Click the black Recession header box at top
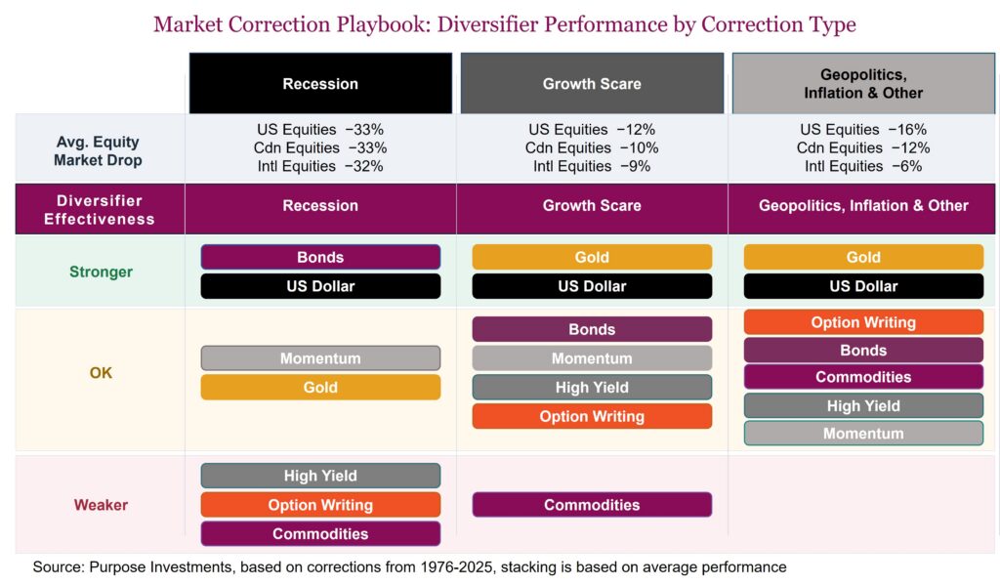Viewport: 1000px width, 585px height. click(320, 84)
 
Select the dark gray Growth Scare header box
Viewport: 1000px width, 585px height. click(592, 84)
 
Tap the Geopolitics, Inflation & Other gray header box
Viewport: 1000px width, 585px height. click(863, 84)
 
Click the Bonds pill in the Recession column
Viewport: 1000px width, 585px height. click(320, 257)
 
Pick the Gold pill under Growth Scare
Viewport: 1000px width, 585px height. click(592, 257)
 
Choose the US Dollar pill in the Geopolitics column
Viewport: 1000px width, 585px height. click(863, 286)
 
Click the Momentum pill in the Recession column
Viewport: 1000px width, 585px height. click(320, 358)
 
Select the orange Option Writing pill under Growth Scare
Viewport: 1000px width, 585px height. click(592, 416)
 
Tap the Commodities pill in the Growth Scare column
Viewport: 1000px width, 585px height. click(592, 505)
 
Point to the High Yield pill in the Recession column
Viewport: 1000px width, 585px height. click(320, 476)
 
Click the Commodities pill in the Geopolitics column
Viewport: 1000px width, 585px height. click(863, 377)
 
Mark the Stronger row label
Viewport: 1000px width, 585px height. click(101, 272)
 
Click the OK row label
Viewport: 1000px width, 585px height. click(101, 372)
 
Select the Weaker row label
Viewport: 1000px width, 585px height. click(101, 505)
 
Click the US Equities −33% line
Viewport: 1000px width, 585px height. click(320, 129)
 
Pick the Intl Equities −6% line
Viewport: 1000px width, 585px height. click(863, 166)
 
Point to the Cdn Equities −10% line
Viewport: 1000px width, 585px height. click(592, 147)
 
